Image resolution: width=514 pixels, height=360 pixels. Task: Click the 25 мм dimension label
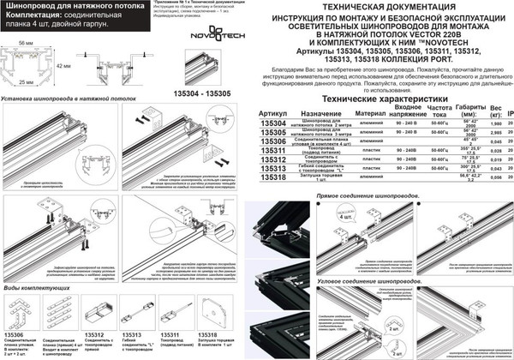(x=27, y=81)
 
